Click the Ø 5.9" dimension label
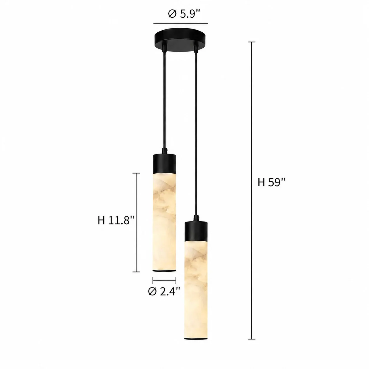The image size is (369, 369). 184,14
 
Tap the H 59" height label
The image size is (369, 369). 271,182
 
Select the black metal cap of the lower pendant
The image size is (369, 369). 196,231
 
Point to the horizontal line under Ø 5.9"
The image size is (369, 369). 181,24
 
